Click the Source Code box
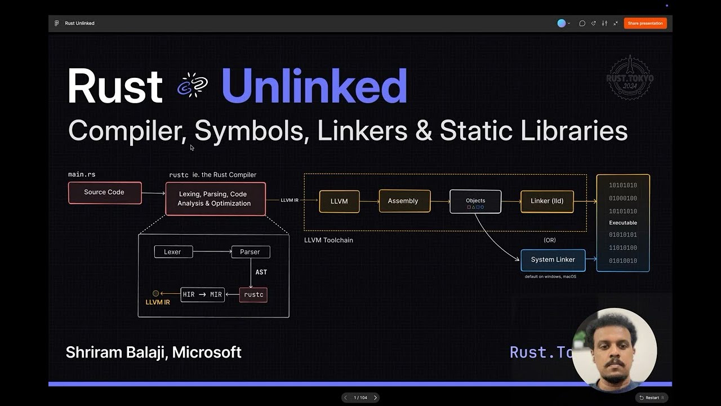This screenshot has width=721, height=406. coord(104,192)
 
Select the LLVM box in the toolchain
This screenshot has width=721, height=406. coord(339,201)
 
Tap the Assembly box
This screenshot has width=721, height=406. coord(403,201)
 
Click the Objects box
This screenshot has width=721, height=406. coord(475,201)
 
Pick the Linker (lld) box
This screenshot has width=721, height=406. coord(546,201)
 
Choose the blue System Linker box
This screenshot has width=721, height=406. coord(553,260)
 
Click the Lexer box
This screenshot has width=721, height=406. coord(173,251)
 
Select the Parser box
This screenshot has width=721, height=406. coord(250,251)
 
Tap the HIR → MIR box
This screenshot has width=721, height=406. coord(202,294)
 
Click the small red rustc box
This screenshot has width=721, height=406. coord(253,294)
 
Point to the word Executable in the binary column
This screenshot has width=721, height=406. coord(622,223)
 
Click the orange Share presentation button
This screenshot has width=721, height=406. coord(645,23)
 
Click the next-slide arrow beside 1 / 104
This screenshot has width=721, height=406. coord(376,398)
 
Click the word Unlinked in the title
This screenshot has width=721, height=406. coord(314,86)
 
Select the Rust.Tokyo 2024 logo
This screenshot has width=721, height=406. coord(630,78)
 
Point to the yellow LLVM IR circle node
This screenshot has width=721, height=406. coord(156,293)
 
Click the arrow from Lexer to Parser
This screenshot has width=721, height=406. coord(212,251)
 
